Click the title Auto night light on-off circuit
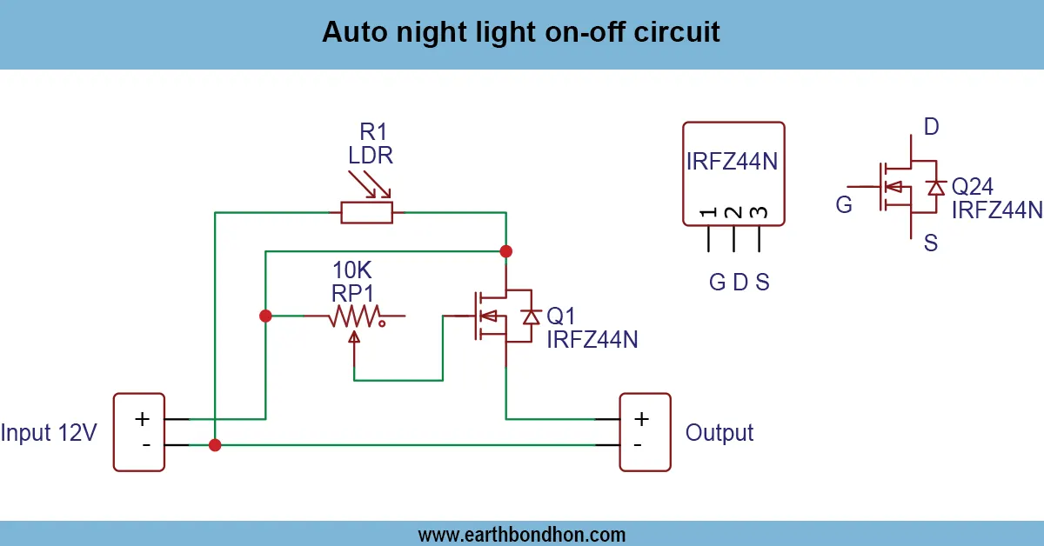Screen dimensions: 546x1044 click(521, 32)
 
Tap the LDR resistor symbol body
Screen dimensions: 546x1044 click(366, 211)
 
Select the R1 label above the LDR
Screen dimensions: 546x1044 click(373, 132)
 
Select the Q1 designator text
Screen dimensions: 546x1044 click(561, 315)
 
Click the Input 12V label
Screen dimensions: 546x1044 click(49, 432)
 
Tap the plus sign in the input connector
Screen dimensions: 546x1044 click(142, 419)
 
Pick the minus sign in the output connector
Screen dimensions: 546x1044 click(639, 445)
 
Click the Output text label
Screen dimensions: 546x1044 click(719, 432)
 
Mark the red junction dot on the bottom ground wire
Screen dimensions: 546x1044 click(215, 445)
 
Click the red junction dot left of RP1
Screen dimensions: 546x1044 click(265, 316)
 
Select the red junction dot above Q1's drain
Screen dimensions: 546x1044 click(505, 251)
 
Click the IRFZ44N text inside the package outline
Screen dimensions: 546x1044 click(733, 163)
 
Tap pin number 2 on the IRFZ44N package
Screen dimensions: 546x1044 click(733, 213)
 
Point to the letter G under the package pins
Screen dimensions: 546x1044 click(717, 283)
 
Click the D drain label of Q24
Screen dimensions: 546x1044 click(931, 128)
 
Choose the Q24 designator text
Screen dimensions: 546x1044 click(972, 186)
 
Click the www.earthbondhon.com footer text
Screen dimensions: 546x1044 click(521, 534)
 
